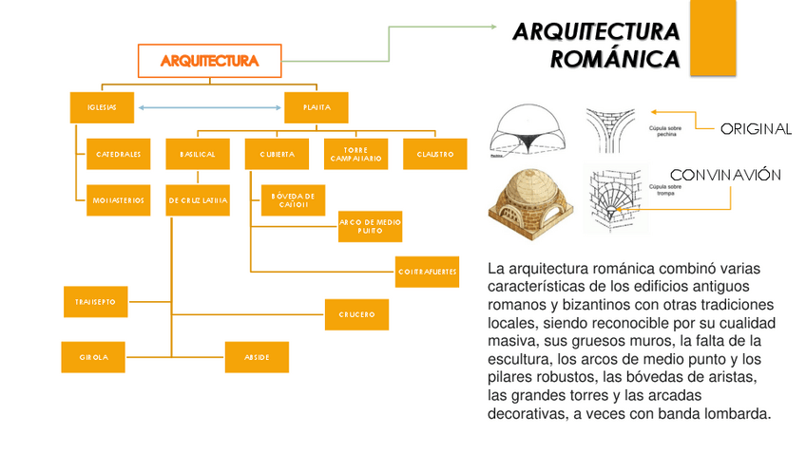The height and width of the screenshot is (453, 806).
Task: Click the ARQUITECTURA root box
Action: (210, 61)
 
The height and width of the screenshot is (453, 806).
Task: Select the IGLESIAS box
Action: (102, 107)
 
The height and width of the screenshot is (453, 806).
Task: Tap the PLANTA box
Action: (317, 107)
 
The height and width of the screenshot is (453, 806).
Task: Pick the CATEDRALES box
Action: (119, 154)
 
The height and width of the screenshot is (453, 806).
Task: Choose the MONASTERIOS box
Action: (119, 200)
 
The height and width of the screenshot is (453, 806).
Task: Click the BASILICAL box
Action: (198, 154)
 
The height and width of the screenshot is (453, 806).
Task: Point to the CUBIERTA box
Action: (277, 154)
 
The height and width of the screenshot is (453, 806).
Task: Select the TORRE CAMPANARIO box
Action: (355, 154)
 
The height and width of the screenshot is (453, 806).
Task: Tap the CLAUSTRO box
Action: (434, 154)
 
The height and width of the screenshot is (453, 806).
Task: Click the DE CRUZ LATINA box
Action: (198, 200)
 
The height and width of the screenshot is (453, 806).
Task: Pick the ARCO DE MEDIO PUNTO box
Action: (370, 226)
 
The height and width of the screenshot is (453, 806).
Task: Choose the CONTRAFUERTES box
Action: (428, 271)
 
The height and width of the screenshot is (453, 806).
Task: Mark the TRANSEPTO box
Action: (95, 301)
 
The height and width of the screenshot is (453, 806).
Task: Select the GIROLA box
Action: (94, 357)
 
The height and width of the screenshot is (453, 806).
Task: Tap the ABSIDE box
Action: (257, 357)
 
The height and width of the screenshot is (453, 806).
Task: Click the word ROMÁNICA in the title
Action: (615, 60)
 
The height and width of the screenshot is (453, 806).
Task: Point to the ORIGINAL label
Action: (756, 129)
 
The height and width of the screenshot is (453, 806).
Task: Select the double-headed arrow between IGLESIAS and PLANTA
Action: (209, 107)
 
